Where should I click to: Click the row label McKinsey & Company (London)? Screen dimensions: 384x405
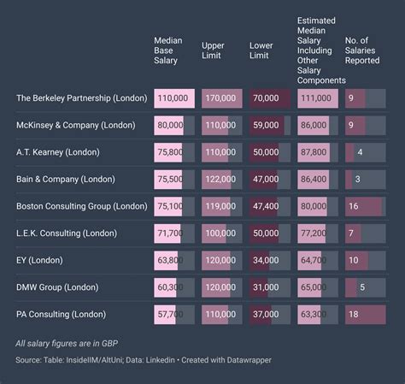click(x=75, y=125)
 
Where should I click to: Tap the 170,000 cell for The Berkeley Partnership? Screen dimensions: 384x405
click(x=220, y=98)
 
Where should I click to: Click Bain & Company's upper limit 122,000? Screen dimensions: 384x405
click(x=220, y=179)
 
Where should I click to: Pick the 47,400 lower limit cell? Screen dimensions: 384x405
click(x=266, y=206)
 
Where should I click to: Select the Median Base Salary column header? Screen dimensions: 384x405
click(x=168, y=50)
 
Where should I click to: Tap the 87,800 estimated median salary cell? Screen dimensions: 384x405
click(x=314, y=152)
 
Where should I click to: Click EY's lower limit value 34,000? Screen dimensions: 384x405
click(x=266, y=260)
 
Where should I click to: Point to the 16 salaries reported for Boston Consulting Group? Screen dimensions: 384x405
click(x=354, y=206)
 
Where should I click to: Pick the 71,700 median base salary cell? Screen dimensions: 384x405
click(x=171, y=233)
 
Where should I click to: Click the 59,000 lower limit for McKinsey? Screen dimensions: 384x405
click(x=266, y=125)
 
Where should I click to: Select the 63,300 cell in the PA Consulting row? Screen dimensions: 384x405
click(x=314, y=314)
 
